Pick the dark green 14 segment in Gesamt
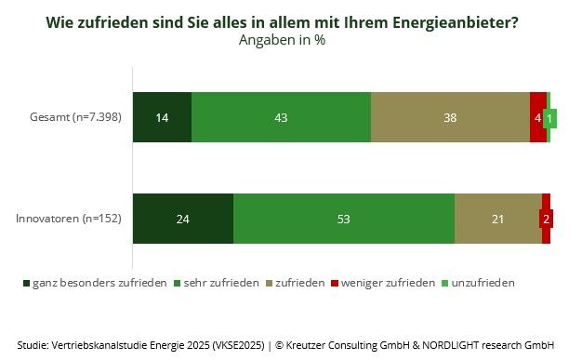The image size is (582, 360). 162,118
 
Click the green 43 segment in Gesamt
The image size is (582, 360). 281,118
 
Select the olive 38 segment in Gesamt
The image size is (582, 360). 450,118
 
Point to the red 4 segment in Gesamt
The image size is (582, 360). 537,118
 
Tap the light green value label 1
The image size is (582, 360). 551,119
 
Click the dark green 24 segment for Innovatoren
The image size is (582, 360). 183,220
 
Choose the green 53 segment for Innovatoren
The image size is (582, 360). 344,220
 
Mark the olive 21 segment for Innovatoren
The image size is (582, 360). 497,220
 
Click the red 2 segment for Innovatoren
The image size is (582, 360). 546,220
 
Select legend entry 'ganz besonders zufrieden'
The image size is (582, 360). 94,282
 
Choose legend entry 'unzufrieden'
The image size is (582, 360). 477,282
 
